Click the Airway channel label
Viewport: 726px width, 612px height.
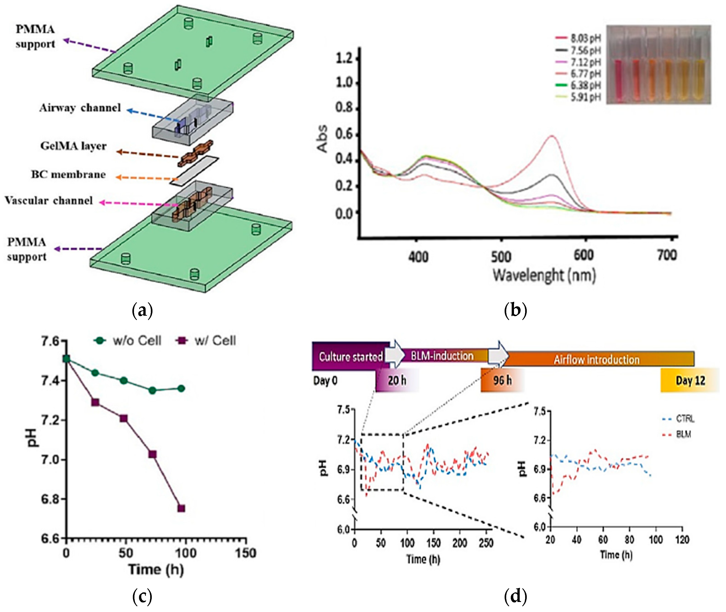[x=80, y=108]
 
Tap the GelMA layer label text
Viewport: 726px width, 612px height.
[x=73, y=146]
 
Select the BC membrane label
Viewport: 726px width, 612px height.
[x=68, y=174]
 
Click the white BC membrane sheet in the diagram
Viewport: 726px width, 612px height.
[x=194, y=170]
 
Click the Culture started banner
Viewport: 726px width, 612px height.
[x=351, y=357]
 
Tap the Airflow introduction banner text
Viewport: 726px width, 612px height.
[x=596, y=360]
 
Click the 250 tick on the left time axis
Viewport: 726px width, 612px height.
[x=486, y=543]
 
